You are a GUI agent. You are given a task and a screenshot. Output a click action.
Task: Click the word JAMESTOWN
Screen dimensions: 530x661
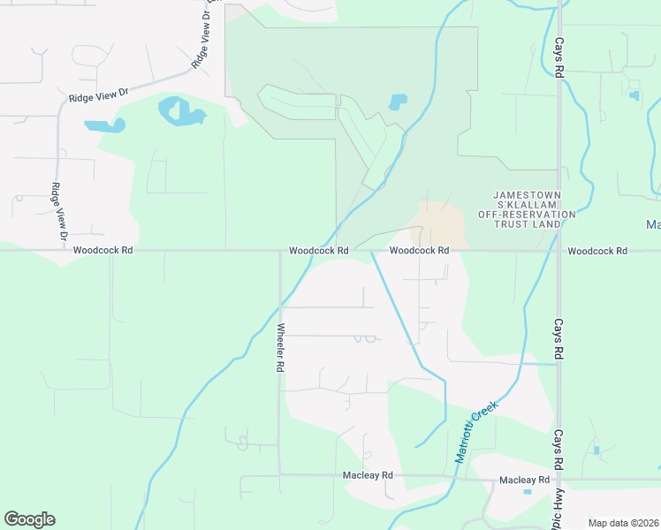pos(527,193)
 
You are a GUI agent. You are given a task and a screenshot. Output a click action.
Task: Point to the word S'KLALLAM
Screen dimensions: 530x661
pos(527,204)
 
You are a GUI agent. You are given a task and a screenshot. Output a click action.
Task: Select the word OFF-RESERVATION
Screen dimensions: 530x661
pos(527,215)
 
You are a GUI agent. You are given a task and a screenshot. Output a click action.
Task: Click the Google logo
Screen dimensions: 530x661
pos(29,519)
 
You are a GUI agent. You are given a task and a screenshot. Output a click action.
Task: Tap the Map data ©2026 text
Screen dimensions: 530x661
pos(622,523)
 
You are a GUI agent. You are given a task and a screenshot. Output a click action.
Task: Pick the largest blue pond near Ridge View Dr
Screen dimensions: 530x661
pos(180,112)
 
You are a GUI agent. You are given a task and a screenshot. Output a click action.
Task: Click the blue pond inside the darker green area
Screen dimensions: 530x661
pos(397,101)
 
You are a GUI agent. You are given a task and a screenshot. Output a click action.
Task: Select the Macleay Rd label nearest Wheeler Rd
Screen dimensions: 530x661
pos(367,475)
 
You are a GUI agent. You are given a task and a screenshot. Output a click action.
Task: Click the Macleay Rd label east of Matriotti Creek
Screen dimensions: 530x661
pos(524,480)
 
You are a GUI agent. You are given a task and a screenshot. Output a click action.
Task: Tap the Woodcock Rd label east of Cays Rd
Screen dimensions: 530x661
pos(597,251)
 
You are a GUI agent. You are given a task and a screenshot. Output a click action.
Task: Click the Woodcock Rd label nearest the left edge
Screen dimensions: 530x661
pos(103,251)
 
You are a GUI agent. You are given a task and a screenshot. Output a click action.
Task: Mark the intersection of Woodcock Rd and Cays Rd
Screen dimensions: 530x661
pos(559,250)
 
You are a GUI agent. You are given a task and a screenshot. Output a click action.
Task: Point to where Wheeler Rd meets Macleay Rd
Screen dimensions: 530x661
pos(280,475)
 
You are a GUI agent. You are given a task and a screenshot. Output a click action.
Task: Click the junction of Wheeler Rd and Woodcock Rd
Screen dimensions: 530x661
pos(280,250)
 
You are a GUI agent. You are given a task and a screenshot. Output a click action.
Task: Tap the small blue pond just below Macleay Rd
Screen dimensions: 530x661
pos(528,491)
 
